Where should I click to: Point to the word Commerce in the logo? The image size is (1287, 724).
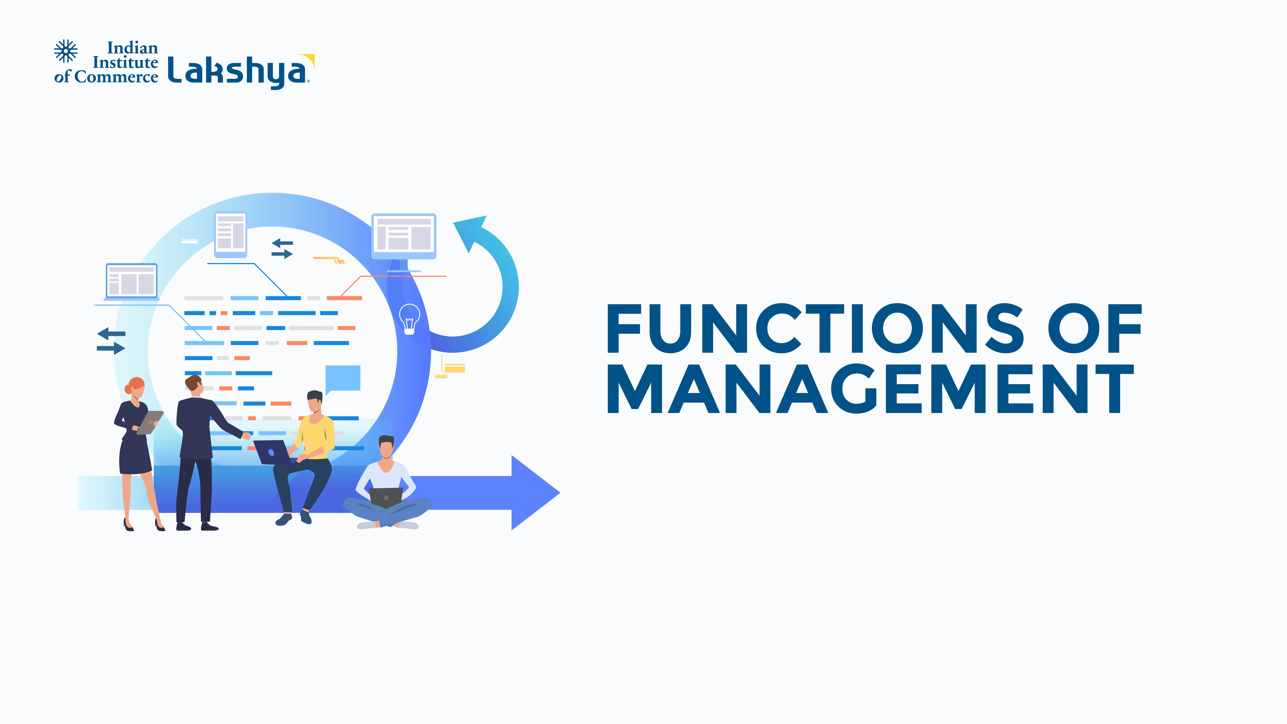pyautogui.click(x=116, y=77)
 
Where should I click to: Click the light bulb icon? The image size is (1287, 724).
pyautogui.click(x=409, y=318)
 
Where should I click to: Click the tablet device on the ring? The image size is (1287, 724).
pyautogui.click(x=230, y=233)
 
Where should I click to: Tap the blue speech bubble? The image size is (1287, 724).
pyautogui.click(x=343, y=378)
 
